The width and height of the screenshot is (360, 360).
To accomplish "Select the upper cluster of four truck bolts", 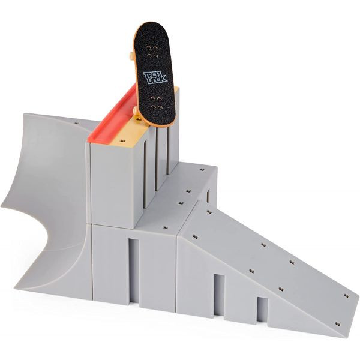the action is (x=152, y=52).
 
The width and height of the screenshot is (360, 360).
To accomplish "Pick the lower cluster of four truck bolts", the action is (x=155, y=103).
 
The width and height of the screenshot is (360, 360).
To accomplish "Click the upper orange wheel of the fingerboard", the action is (x=131, y=56).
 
